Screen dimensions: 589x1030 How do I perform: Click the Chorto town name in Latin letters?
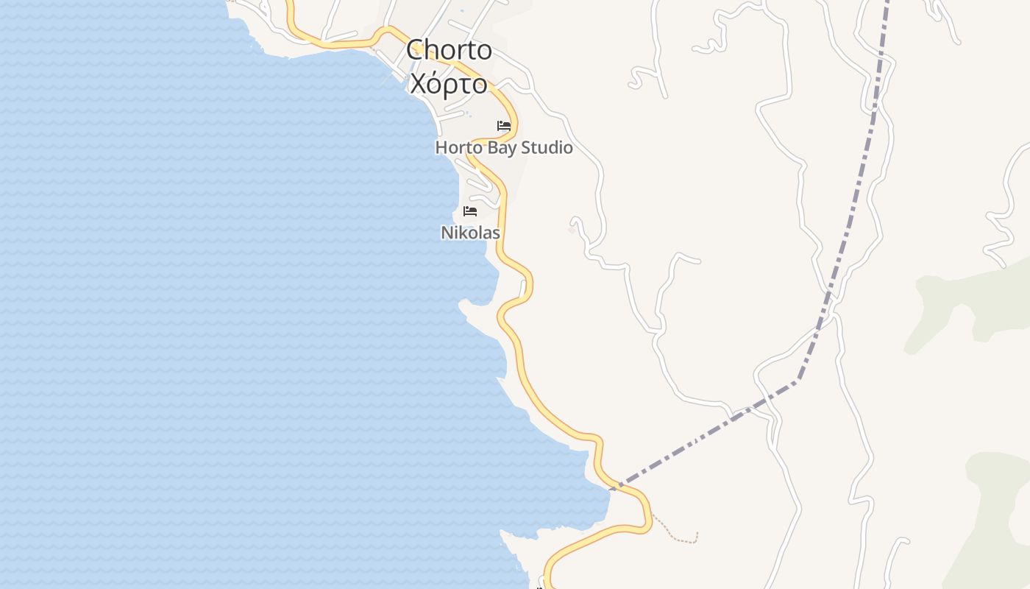point(449,50)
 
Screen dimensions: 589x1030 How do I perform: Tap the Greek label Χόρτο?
point(449,84)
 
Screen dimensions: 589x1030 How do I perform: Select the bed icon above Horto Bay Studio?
point(504,126)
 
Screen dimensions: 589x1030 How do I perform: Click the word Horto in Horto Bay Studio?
point(457,147)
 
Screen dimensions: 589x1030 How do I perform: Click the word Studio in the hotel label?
point(547,147)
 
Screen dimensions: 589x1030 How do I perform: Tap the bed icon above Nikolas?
point(470,211)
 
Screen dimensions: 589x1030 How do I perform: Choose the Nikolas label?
point(470,233)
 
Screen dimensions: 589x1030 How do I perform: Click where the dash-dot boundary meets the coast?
point(611,488)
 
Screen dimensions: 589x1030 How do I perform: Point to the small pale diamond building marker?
point(572,230)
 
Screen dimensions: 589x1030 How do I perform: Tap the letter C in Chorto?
point(416,50)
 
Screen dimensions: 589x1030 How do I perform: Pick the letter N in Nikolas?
point(446,233)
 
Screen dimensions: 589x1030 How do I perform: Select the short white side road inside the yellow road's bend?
point(482,180)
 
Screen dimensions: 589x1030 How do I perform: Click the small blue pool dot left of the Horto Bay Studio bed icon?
point(467,113)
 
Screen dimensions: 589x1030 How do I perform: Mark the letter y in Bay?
point(511,149)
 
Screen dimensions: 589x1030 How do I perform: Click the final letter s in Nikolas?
point(497,233)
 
